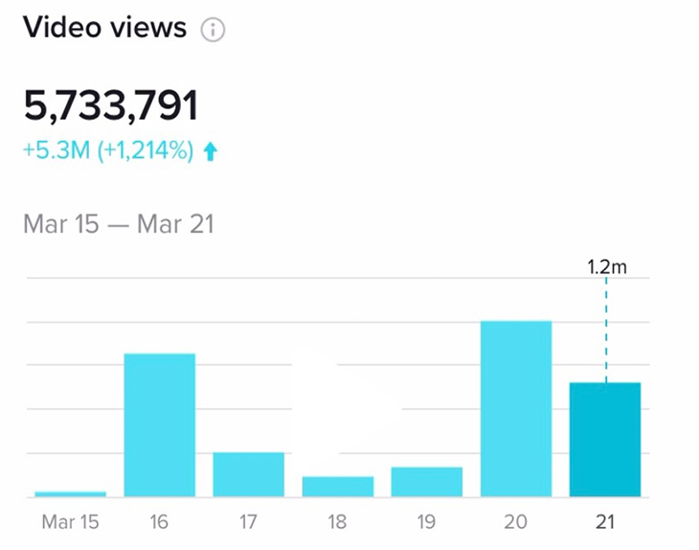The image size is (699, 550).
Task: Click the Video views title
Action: click(x=104, y=27)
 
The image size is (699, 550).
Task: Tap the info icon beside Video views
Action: click(x=213, y=30)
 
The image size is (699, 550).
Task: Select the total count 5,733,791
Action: click(x=110, y=105)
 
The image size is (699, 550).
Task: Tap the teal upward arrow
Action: click(x=211, y=151)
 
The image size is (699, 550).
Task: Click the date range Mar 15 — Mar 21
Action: click(x=119, y=225)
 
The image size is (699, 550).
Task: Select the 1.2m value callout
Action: click(x=606, y=267)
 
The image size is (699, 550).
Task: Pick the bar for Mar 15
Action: click(x=70, y=493)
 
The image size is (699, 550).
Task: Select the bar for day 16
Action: click(x=160, y=425)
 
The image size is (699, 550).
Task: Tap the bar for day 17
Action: click(x=249, y=474)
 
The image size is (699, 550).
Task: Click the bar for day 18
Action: click(x=338, y=487)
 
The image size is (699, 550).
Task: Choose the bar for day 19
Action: click(x=427, y=482)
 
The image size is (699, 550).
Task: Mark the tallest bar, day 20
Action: click(x=516, y=409)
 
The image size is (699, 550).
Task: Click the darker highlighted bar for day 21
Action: click(x=605, y=440)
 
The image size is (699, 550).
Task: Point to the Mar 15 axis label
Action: click(x=70, y=523)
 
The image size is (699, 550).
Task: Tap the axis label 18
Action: click(x=338, y=523)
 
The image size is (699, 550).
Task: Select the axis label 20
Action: click(x=516, y=523)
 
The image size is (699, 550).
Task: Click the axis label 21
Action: click(x=605, y=523)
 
